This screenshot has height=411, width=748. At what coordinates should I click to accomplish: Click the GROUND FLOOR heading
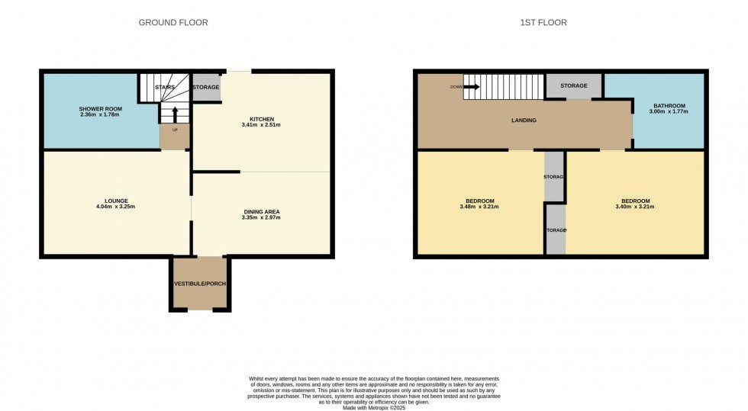[173, 22]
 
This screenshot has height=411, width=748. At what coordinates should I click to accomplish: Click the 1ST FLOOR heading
[543, 22]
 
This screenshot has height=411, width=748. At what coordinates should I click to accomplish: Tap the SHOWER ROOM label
[100, 109]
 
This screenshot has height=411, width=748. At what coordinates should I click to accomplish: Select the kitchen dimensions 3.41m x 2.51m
[261, 125]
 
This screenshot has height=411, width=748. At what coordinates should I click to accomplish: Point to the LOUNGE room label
[116, 201]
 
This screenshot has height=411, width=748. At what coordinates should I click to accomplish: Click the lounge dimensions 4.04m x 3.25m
[115, 207]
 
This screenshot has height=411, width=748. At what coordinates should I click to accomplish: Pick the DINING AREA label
[261, 212]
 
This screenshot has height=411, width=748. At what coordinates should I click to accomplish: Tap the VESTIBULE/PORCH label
[200, 284]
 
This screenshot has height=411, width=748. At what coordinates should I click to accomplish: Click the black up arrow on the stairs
[175, 115]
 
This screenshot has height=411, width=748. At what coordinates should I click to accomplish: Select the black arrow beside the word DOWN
[472, 87]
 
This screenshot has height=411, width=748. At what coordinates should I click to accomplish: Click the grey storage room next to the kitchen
[207, 87]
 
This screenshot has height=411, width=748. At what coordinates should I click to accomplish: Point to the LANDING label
[524, 120]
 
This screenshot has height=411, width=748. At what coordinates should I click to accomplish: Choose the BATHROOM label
[669, 106]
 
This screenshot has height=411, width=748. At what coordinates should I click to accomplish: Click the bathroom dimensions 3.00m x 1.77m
[669, 111]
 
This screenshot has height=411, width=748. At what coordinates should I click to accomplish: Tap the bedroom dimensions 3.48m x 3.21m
[479, 207]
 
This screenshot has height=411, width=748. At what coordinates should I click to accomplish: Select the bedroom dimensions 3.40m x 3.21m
[634, 207]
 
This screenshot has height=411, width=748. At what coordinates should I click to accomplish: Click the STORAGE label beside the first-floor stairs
[573, 86]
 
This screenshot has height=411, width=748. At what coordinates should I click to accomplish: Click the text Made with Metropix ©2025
[374, 408]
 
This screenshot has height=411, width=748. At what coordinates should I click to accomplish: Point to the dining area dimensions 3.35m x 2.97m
[261, 217]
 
